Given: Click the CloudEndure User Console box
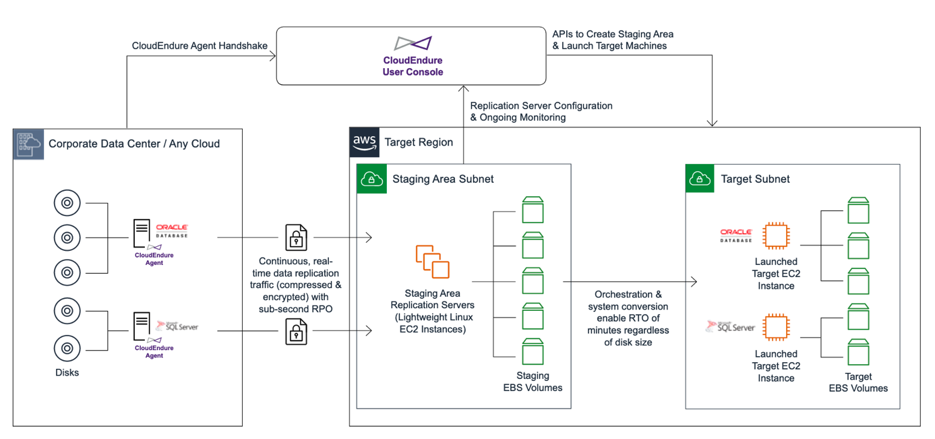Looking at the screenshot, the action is pos(411,56).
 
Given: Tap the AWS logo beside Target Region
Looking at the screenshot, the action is pos(365,142).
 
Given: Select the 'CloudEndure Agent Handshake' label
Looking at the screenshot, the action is pos(200,46).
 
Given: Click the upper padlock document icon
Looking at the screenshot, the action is pos(296,237).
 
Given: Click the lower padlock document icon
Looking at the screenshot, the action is pos(296,330).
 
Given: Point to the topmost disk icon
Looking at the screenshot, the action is pos(67,203).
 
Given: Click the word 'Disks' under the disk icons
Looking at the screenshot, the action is pos(67,372).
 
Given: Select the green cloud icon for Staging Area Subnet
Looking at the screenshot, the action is pos(371,179).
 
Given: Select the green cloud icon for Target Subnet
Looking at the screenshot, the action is pos(700,179).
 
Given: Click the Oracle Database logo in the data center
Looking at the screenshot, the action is pos(171,231).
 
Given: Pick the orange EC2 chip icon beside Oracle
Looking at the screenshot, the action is pos(776,237).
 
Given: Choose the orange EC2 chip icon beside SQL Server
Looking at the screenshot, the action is pos(776,328).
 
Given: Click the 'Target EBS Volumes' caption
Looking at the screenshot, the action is pos(857,382).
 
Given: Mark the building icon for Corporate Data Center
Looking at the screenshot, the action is pos(29,143).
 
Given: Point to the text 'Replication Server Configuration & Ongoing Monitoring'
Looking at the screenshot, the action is pos(541,111).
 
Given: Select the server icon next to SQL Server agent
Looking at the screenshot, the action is pos(142,326).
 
